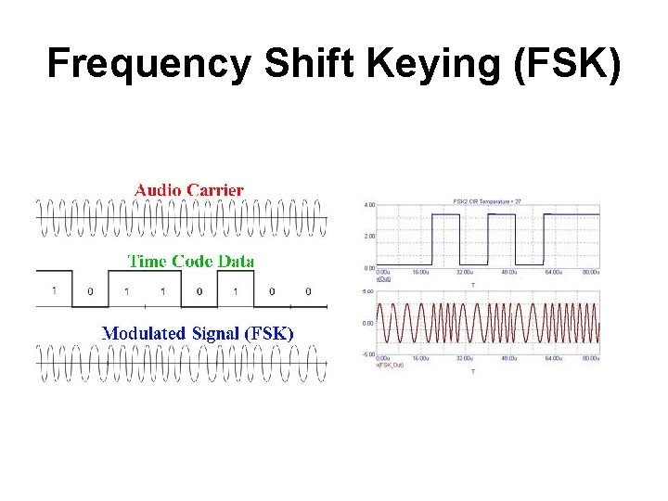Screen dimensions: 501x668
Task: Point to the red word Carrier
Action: pos(216,189)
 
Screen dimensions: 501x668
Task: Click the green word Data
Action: pos(236,261)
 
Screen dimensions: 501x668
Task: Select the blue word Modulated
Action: pos(142,332)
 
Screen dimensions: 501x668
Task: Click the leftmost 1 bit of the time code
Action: pos(54,291)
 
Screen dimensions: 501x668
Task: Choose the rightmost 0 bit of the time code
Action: pos(308,291)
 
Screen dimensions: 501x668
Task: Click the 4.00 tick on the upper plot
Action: pos(369,204)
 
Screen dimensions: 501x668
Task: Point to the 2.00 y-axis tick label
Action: pos(369,236)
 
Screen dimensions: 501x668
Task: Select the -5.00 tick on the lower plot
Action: pos(368,353)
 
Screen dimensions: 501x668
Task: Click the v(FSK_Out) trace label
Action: pos(390,365)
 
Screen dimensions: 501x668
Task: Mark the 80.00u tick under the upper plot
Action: pos(590,273)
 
